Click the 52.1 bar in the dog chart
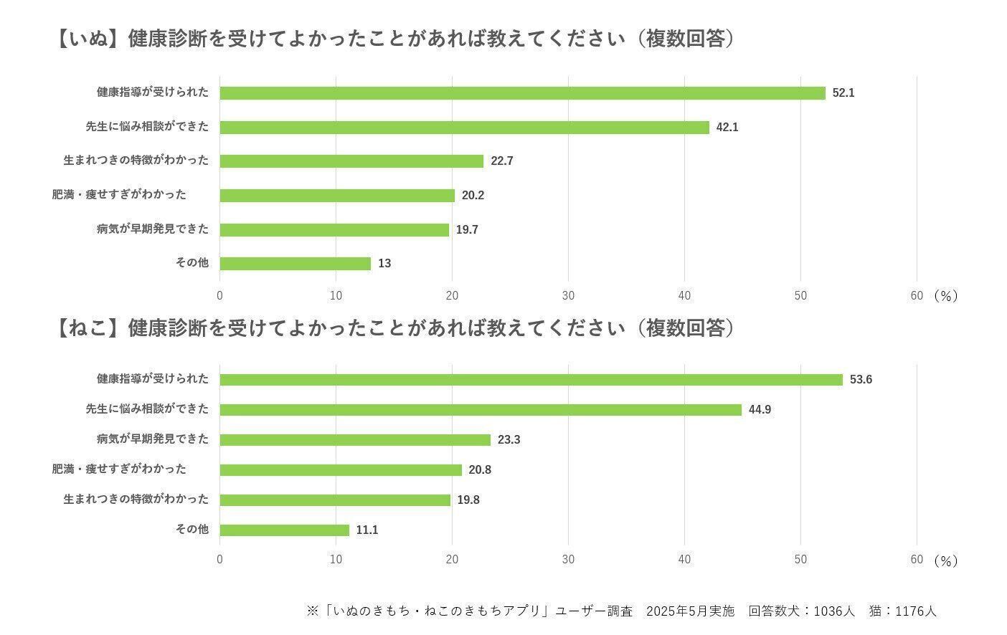(x=522, y=93)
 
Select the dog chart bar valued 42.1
(x=464, y=128)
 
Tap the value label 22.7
(x=502, y=161)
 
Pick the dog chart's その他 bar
(x=295, y=264)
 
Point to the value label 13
(x=384, y=264)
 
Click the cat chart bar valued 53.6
(x=531, y=380)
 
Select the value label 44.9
(x=760, y=410)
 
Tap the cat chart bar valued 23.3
(x=355, y=440)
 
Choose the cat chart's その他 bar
(x=284, y=530)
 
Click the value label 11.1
(x=367, y=530)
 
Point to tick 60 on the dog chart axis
(x=916, y=296)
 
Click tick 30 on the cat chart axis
(x=568, y=560)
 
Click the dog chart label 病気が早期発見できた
(x=153, y=229)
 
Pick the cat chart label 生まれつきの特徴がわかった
(x=136, y=499)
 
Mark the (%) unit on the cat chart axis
(x=946, y=561)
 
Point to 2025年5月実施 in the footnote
(x=691, y=611)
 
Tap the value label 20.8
(x=480, y=470)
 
